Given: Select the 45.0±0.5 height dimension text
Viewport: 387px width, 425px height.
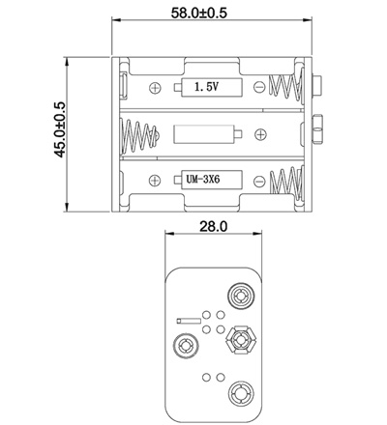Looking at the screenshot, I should (x=59, y=129).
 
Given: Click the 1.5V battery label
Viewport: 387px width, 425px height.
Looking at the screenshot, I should (x=204, y=88).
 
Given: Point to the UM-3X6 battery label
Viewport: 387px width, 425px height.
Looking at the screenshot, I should (x=204, y=180).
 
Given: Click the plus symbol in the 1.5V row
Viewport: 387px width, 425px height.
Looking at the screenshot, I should (x=156, y=88).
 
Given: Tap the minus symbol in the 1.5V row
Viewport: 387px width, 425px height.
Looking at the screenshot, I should (x=258, y=88).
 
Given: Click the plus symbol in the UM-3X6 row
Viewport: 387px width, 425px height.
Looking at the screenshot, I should (x=156, y=180).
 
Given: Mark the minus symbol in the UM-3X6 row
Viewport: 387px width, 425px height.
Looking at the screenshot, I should (x=258, y=180).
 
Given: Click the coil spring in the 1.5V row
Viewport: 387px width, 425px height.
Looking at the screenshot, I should (x=286, y=88).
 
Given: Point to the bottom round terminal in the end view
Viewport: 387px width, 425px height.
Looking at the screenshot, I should (x=239, y=395).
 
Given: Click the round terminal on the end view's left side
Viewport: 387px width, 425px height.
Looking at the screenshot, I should (x=183, y=345).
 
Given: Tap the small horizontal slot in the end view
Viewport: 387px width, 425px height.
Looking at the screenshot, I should (x=189, y=320).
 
